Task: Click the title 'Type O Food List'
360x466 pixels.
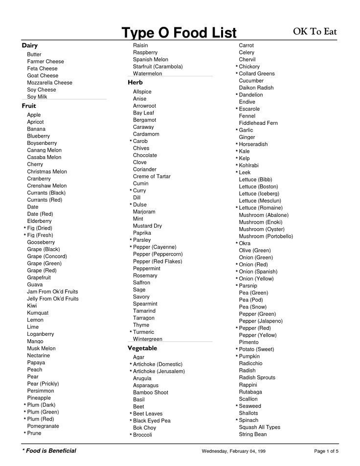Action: (x=179, y=33)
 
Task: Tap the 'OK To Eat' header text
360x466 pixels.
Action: (x=315, y=32)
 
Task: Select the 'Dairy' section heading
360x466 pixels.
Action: (x=30, y=46)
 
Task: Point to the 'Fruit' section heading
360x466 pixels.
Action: (x=29, y=106)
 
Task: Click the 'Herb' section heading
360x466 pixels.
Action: (x=135, y=83)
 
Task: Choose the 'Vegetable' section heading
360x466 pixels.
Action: (x=142, y=348)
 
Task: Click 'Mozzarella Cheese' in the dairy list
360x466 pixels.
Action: (x=49, y=83)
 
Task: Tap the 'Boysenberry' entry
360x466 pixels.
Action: (x=42, y=143)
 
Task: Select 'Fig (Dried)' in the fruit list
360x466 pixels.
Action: (x=39, y=228)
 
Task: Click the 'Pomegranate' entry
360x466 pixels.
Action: (x=43, y=426)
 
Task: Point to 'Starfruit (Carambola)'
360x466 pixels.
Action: (x=157, y=67)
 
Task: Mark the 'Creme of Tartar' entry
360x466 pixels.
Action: (x=152, y=176)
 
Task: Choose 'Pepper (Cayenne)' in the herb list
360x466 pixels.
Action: (x=155, y=247)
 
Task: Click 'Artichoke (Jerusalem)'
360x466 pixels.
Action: (x=158, y=371)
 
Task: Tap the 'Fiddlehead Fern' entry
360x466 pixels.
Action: (x=258, y=123)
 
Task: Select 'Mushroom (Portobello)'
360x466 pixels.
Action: (x=266, y=236)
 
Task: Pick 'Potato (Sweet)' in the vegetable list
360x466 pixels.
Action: (x=256, y=349)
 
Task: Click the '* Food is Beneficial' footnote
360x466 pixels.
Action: (x=49, y=450)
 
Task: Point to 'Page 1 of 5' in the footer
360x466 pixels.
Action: (x=326, y=451)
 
